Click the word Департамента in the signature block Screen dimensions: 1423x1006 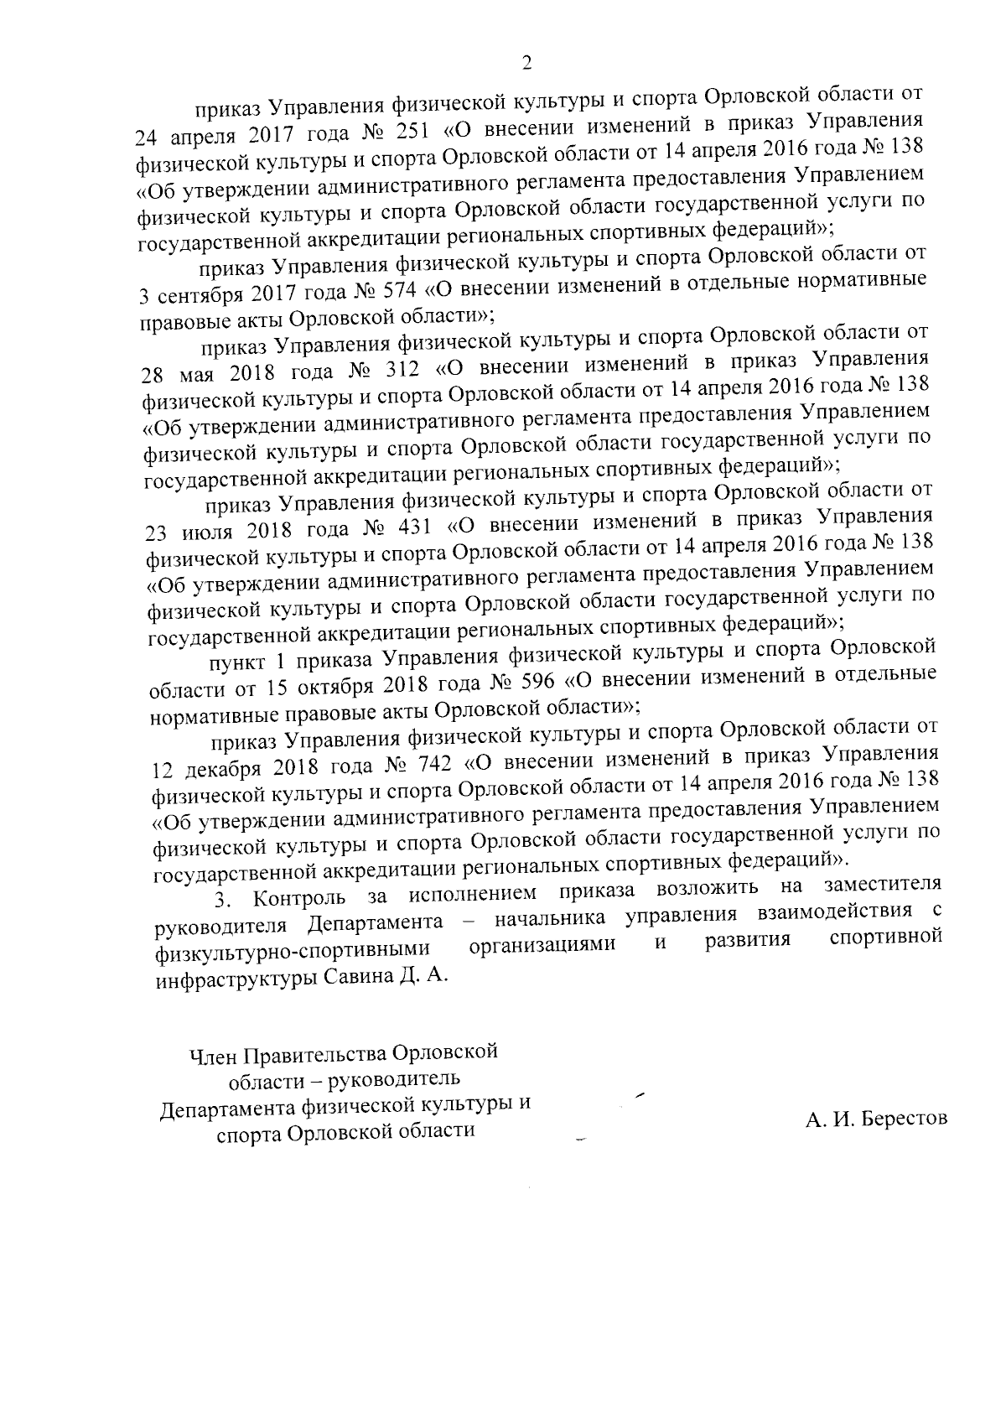(x=230, y=1106)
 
